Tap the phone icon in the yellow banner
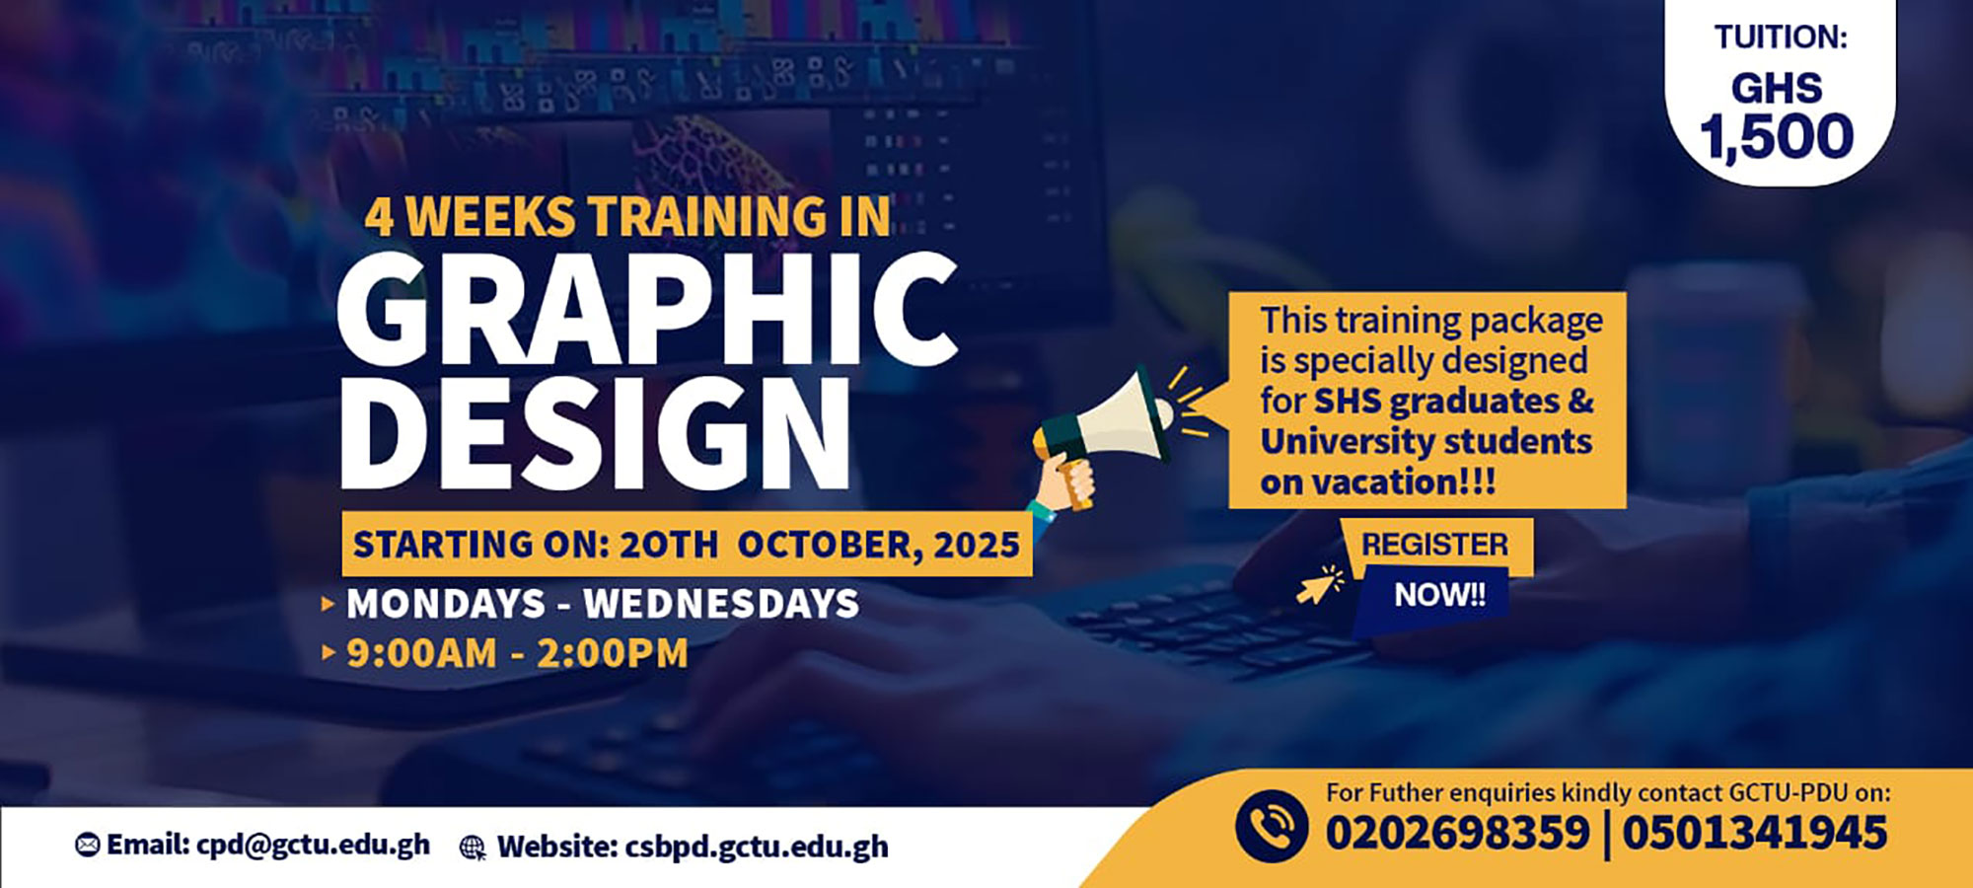(1272, 827)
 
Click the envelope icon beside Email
(88, 846)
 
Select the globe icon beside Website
(474, 848)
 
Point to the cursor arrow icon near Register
(1320, 585)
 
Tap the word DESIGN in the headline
(595, 433)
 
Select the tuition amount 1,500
(1777, 136)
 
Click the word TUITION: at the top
(1781, 37)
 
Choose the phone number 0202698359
(1457, 833)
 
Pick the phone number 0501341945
(1755, 833)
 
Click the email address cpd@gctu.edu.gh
(313, 846)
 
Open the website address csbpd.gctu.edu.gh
(757, 847)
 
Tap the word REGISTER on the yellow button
(1435, 545)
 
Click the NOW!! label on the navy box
(1439, 595)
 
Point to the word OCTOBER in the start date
(825, 545)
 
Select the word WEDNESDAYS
(721, 604)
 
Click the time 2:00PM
(613, 654)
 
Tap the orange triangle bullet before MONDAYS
(329, 604)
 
